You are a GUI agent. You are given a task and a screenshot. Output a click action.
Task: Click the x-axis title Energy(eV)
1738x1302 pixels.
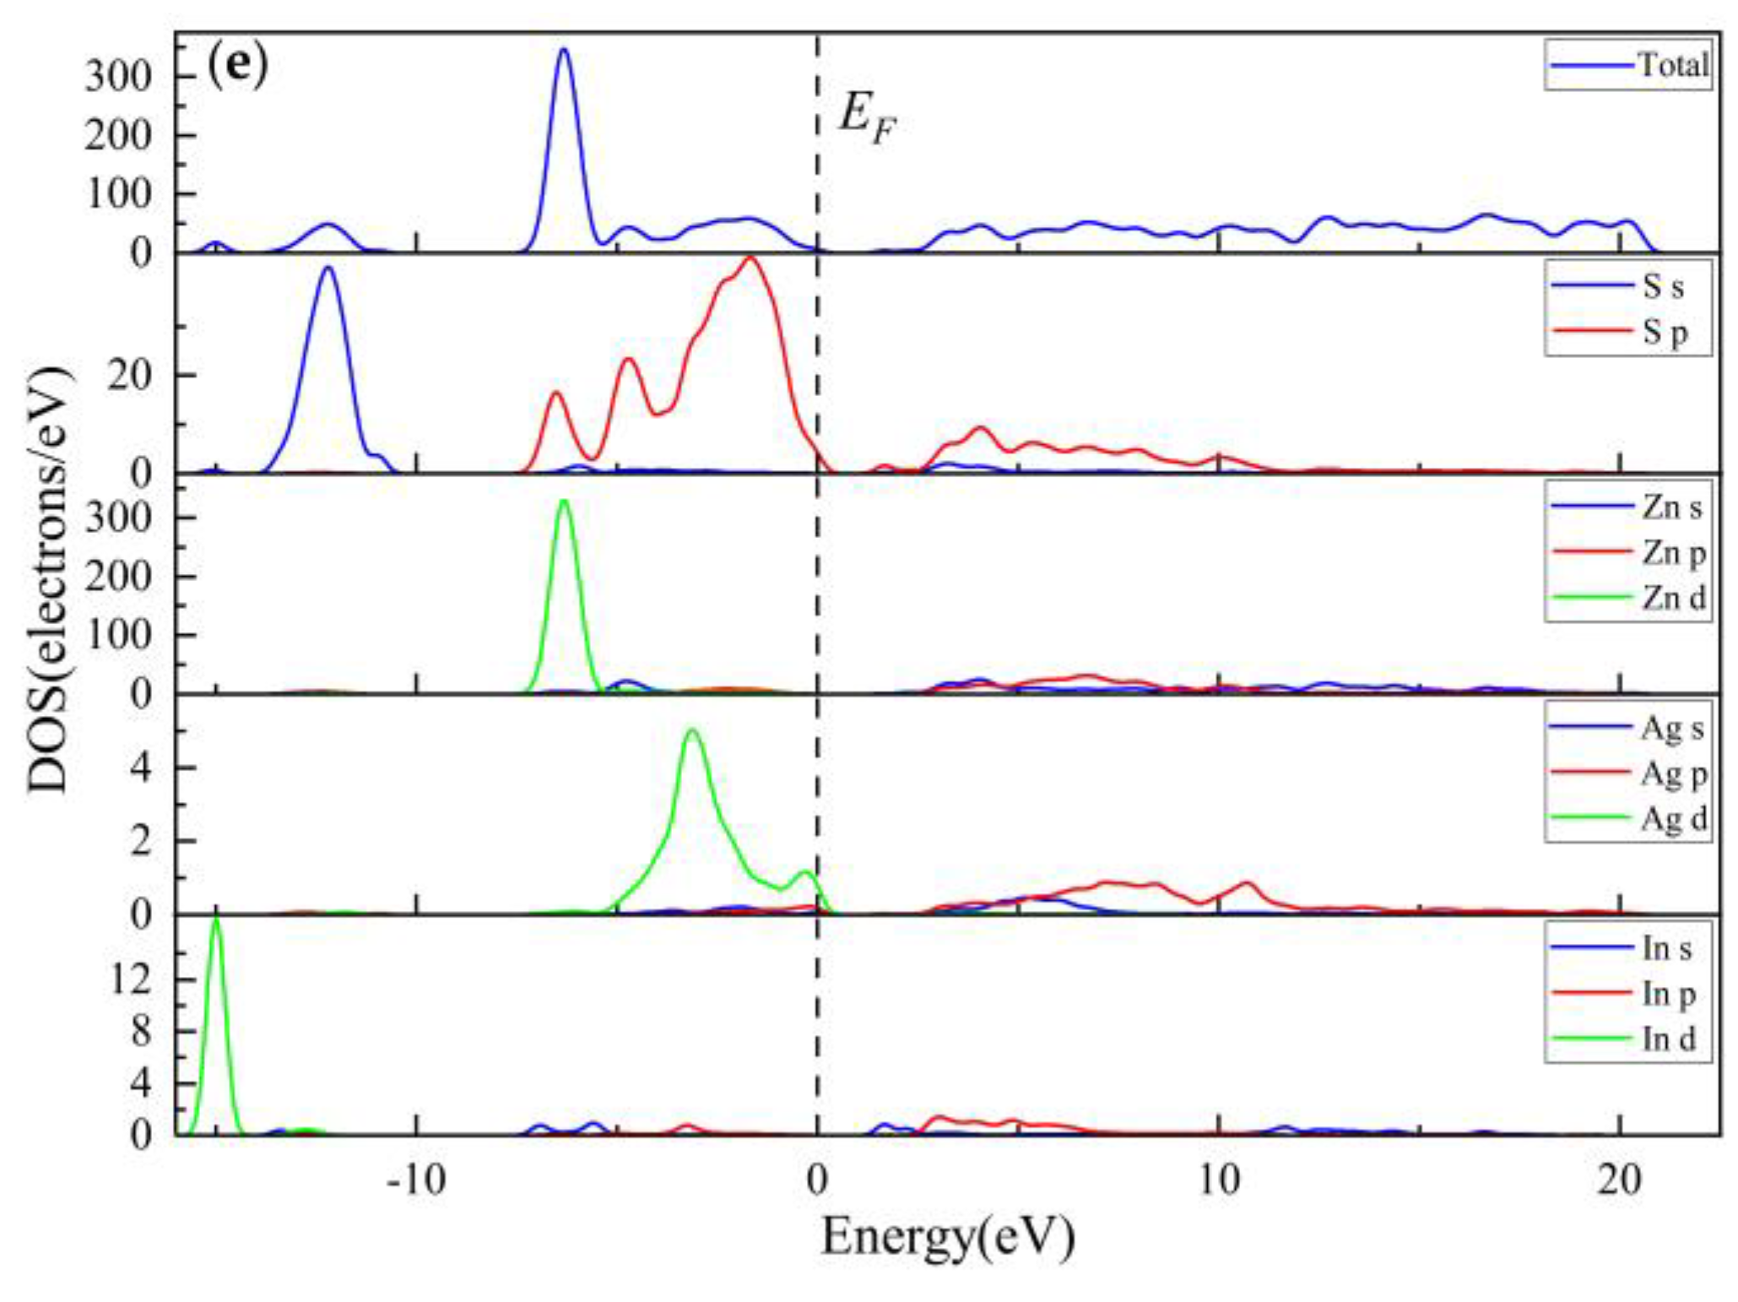948,1237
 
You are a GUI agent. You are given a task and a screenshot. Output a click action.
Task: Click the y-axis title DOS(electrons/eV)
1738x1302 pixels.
49,581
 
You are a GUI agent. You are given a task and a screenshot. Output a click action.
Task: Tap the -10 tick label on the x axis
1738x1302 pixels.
415,1180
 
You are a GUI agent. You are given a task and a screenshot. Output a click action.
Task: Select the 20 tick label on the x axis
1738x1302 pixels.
1619,1180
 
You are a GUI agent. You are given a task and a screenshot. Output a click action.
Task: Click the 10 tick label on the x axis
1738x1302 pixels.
1218,1180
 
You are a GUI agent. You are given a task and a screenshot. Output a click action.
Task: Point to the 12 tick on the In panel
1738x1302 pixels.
131,979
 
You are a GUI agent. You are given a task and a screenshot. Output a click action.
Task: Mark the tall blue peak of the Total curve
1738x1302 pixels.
564,50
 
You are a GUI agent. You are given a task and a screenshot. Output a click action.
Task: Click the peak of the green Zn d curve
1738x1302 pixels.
564,502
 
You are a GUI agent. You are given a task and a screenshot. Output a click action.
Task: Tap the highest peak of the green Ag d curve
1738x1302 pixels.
693,730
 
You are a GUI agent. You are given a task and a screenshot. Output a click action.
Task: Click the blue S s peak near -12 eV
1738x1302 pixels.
328,269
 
